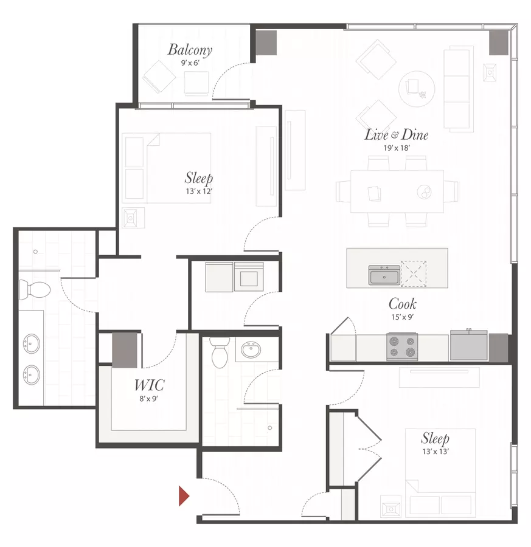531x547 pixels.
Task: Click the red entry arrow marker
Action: pyautogui.click(x=184, y=496)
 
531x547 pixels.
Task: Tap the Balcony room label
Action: pyautogui.click(x=190, y=50)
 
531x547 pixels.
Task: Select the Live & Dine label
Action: pyautogui.click(x=396, y=135)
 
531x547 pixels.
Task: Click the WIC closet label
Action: pyautogui.click(x=149, y=385)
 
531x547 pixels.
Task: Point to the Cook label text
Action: pyautogui.click(x=403, y=304)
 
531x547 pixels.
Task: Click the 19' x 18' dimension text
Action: pyautogui.click(x=397, y=148)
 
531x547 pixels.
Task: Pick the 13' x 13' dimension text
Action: pyautogui.click(x=436, y=452)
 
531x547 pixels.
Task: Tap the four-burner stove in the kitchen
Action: pyautogui.click(x=402, y=347)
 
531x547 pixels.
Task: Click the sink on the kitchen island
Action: pyautogui.click(x=384, y=275)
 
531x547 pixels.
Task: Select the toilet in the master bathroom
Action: pyautogui.click(x=35, y=289)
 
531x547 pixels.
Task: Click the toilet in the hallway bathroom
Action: pyautogui.click(x=220, y=352)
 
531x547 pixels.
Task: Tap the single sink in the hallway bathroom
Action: pyautogui.click(x=251, y=350)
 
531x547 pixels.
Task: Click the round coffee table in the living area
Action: pyautogui.click(x=417, y=89)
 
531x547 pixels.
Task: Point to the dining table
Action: pyautogui.click(x=397, y=191)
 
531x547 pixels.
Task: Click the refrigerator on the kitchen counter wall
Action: pyautogui.click(x=469, y=345)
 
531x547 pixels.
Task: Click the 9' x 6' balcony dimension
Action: pyautogui.click(x=190, y=63)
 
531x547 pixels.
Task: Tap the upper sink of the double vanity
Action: pyautogui.click(x=32, y=343)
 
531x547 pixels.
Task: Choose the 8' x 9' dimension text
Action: pyautogui.click(x=149, y=398)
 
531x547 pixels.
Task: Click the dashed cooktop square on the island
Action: pyautogui.click(x=414, y=274)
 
